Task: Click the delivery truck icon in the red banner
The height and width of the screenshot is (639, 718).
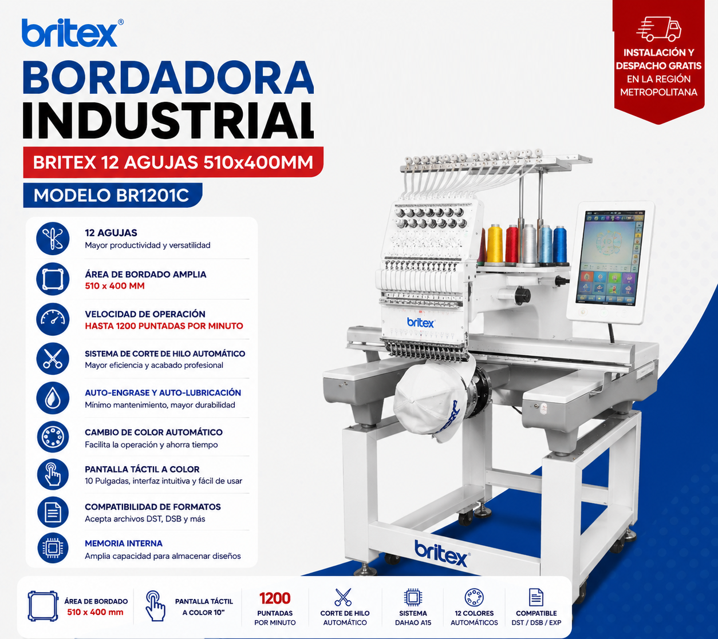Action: tap(659, 29)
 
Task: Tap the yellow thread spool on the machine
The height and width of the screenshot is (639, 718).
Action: tap(495, 244)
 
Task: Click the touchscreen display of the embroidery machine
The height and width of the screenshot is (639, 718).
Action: tap(610, 258)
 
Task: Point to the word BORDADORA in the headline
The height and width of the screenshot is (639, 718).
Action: tap(168, 77)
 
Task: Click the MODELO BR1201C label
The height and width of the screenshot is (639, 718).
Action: tap(111, 195)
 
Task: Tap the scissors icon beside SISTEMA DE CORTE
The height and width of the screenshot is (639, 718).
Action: tap(53, 359)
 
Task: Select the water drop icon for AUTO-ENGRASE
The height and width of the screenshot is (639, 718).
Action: tap(53, 398)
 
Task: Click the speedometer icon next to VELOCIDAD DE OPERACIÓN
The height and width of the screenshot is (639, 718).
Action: tap(53, 319)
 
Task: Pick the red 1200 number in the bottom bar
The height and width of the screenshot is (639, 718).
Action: tap(275, 598)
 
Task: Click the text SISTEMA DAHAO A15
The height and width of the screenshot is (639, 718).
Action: tap(413, 618)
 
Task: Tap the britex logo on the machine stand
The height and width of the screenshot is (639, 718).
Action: tap(442, 553)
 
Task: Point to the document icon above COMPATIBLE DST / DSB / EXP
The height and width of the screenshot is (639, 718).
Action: tap(536, 597)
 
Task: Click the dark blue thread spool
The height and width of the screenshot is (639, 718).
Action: tap(560, 245)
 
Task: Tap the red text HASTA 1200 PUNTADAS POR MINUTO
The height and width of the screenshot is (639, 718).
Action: tap(164, 326)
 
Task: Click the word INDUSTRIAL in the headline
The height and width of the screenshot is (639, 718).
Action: tap(168, 121)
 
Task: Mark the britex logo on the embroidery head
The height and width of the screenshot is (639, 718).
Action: tap(421, 323)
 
